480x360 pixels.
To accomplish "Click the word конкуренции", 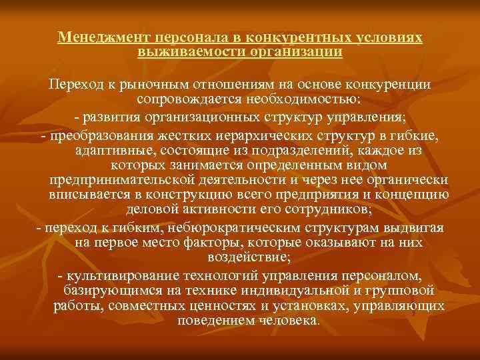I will [x=387, y=85].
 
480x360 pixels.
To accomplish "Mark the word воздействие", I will [x=248, y=256].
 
